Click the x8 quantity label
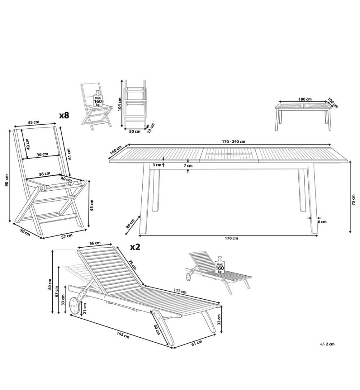coord(64,115)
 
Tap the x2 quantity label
coord(136,247)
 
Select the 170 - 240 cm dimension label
coord(233,142)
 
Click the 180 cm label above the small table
coord(305,99)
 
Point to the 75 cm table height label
coord(353,200)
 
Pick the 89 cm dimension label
coord(130,223)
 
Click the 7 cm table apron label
coord(188,165)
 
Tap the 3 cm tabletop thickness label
coord(157,165)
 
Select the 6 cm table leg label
coord(322,222)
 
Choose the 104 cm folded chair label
coord(120,104)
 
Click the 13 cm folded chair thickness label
coord(150,128)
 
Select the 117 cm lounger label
coord(180,291)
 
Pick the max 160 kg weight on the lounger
coord(220,265)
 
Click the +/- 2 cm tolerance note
coord(327,344)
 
